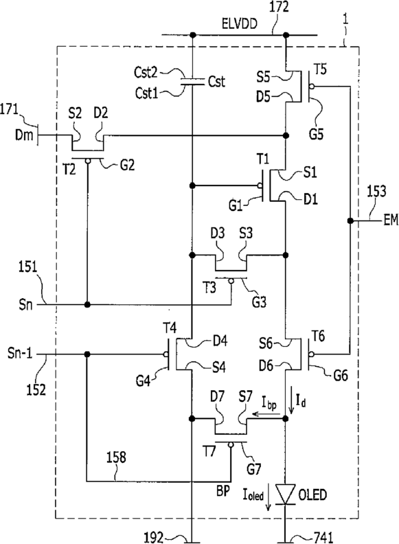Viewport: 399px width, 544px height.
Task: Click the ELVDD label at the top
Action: [240, 24]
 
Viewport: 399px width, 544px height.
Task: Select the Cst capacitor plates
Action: [192, 82]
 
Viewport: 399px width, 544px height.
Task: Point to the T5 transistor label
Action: [320, 69]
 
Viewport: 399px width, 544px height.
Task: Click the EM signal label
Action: [391, 220]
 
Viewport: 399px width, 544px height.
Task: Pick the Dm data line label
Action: [24, 135]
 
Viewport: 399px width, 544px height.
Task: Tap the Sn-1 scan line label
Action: [20, 354]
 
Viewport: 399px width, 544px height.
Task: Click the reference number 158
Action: [116, 457]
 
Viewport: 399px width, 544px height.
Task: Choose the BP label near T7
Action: [223, 492]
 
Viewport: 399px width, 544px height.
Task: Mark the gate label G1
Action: [236, 205]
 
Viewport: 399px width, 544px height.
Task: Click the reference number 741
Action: [323, 537]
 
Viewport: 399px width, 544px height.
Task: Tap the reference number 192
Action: [153, 537]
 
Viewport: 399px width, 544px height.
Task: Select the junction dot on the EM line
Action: [350, 220]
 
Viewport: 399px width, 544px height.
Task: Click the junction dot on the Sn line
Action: [87, 304]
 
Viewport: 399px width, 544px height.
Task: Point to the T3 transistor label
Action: [209, 288]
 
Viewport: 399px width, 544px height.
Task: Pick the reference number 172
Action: [279, 7]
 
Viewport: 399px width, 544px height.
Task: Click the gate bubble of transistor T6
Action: [312, 354]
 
